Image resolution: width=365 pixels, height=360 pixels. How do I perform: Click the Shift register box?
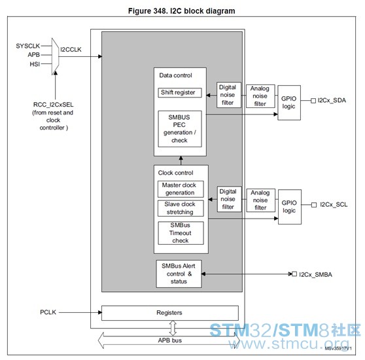point(180,93)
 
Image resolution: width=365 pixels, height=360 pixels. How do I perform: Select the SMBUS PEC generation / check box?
point(180,129)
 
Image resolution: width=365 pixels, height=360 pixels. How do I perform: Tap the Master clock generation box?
point(181,189)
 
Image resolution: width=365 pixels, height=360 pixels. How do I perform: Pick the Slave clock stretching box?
point(181,208)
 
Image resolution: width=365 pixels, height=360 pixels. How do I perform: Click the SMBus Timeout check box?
point(181,233)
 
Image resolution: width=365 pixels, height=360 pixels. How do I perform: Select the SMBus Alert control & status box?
point(179,274)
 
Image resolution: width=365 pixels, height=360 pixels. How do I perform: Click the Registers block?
point(170,313)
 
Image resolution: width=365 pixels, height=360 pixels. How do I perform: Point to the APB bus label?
point(169,340)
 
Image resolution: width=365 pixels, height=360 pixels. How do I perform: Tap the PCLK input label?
point(48,312)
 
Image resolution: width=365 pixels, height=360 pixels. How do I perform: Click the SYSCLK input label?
point(28,46)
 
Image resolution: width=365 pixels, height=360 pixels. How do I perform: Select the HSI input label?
point(35,64)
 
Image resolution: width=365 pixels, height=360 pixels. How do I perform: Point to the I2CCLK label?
point(71,49)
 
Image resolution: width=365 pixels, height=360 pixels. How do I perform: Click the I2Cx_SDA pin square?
point(313,101)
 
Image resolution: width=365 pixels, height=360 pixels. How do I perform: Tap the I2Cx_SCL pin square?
point(314,205)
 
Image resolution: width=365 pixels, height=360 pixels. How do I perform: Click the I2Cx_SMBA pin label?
point(315,274)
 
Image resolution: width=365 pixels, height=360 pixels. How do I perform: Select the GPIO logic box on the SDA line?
point(289,103)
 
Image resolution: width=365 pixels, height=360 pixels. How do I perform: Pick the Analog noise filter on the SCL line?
point(261,200)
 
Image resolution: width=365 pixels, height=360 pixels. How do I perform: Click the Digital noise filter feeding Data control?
point(228,95)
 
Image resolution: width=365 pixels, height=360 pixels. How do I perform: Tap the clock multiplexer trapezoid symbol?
point(55,56)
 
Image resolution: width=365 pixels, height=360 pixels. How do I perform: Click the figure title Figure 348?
point(182,11)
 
